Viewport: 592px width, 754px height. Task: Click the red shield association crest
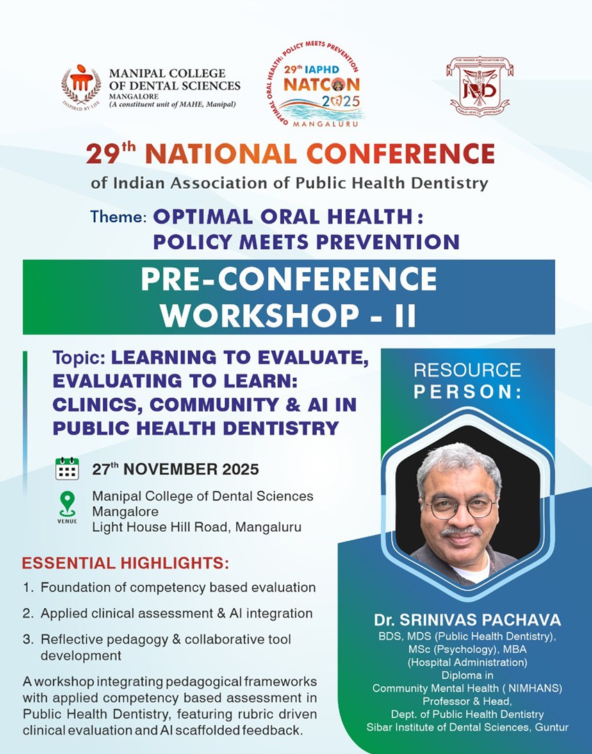pos(479,86)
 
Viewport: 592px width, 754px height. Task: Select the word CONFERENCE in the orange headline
pos(400,154)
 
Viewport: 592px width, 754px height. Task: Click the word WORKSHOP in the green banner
pos(260,315)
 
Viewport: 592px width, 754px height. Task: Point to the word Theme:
pos(118,217)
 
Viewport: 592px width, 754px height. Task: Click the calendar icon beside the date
pos(67,469)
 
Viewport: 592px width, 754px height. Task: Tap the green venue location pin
pos(67,504)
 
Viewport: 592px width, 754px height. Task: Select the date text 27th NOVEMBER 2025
pos(175,469)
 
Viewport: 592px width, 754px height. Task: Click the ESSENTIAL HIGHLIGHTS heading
pos(126,563)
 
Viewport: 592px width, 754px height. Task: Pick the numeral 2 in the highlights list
pos(27,614)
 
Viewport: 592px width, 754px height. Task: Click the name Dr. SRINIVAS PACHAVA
pos(468,619)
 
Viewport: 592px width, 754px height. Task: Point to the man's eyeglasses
pos(460,508)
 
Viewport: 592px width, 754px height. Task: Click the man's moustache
pos(461,531)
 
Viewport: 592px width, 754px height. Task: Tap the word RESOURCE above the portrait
pos(468,370)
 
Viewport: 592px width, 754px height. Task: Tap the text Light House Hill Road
pos(161,527)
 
